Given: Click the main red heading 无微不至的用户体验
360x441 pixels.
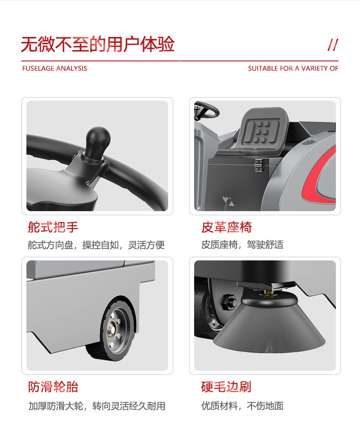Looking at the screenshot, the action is (x=98, y=44).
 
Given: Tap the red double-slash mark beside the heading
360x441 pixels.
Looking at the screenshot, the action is (x=333, y=45).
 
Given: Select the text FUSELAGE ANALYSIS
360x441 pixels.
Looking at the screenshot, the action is (x=55, y=68).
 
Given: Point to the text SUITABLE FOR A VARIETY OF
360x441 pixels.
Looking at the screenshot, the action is (x=293, y=68).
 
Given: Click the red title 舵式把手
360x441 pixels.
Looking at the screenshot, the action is (x=53, y=227).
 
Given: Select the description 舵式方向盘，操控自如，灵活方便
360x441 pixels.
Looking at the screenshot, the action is (x=96, y=245).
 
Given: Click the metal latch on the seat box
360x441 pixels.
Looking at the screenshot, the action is (x=258, y=165).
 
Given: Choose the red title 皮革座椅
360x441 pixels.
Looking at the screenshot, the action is (x=226, y=227).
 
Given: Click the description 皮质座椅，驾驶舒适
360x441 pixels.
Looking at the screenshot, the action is (x=242, y=245).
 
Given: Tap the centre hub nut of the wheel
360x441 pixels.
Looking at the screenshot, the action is (x=112, y=329).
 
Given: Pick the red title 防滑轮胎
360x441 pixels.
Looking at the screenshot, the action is (x=53, y=387).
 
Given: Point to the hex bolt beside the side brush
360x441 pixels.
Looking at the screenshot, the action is (x=229, y=302).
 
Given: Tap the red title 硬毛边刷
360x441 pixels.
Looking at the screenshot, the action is (x=226, y=387).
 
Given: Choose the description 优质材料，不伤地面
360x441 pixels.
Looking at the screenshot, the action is (x=242, y=406).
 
